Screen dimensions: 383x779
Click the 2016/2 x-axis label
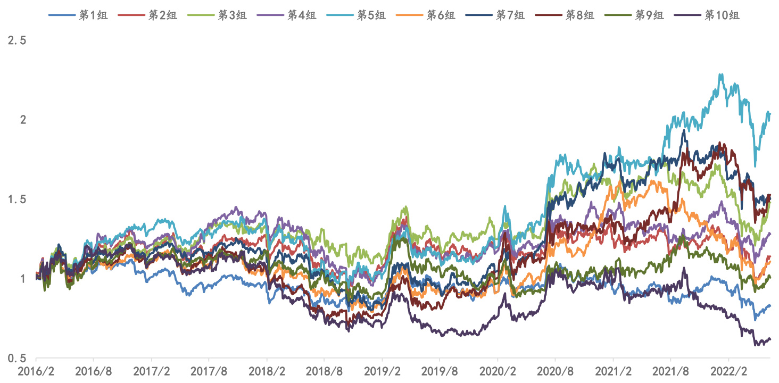tap(36, 370)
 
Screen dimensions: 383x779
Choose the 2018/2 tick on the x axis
tap(267, 370)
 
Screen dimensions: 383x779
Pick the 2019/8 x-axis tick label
tap(440, 370)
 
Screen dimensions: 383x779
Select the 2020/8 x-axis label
tap(555, 370)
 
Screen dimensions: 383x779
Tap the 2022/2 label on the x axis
tap(728, 370)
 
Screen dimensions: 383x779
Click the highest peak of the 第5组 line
tap(721, 74)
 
